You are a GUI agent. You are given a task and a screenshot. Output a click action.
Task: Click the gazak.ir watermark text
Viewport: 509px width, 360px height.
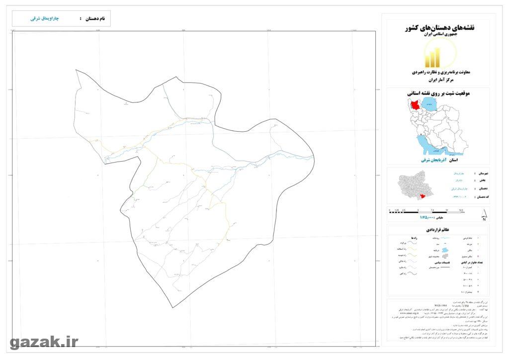point(44,342)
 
